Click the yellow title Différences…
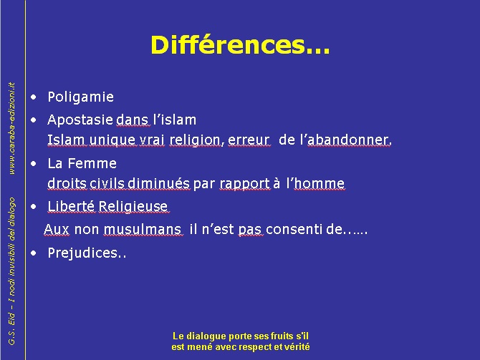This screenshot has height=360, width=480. pos(240,45)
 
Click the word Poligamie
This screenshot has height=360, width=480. pos(81,97)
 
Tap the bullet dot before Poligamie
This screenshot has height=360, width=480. pos(34,97)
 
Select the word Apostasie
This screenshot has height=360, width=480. pos(80,120)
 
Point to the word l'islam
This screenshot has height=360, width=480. pos(175,120)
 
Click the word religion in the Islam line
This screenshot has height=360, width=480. pos(195,140)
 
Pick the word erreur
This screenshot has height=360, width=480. pos(249,140)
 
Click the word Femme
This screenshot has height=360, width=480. pos(92,163)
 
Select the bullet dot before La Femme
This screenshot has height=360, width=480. pos(34,164)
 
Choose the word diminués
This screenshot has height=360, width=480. pos(158,183)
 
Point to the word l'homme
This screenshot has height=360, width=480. pos(316,183)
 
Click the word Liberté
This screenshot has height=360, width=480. pos(71,206)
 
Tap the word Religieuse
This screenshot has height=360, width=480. pos(133,206)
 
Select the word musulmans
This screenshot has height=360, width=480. pos(143,230)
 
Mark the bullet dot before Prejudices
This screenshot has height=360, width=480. pos(34,253)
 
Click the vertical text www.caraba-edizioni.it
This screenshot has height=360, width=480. pos(11,128)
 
